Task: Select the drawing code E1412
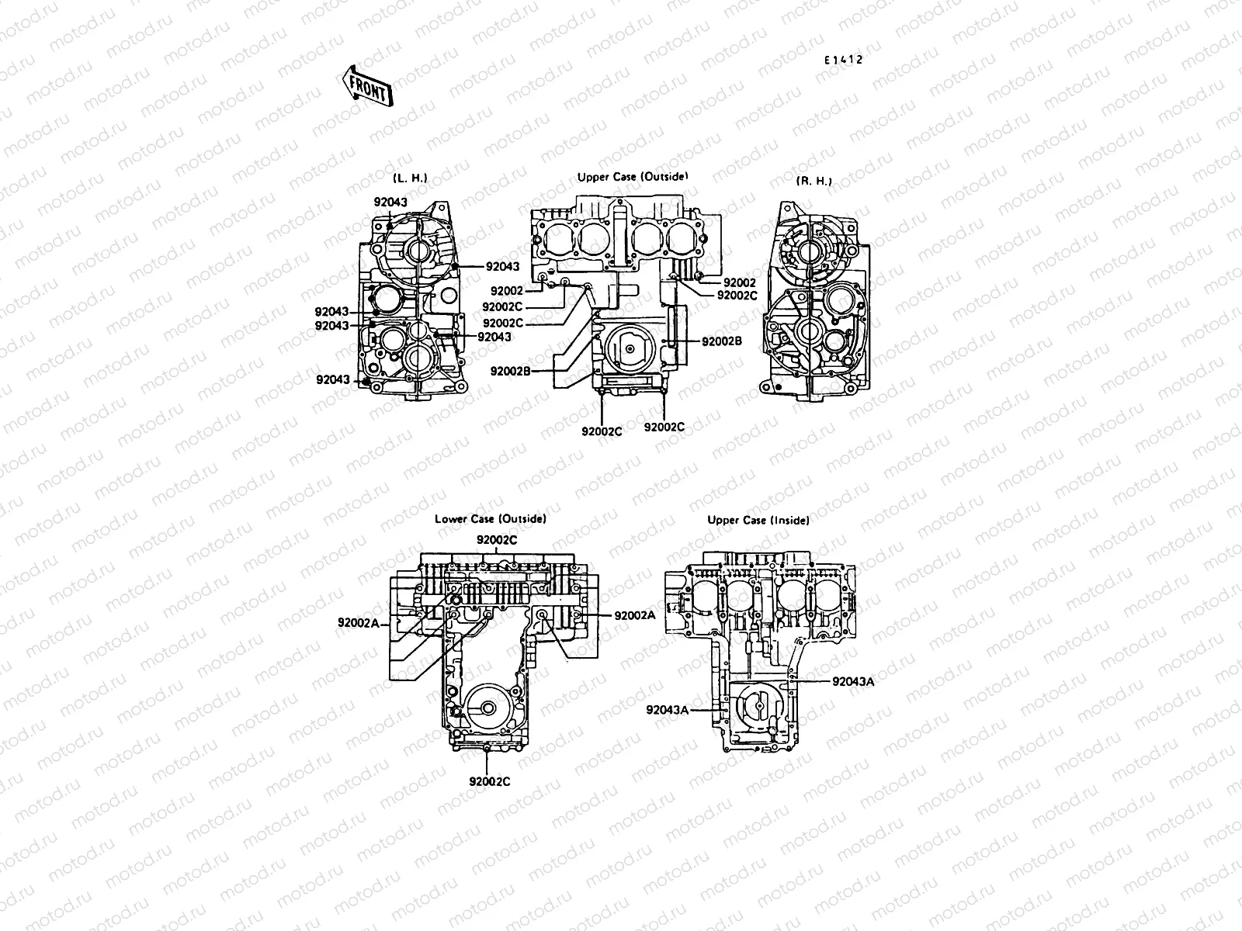(x=844, y=60)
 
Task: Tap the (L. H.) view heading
(x=410, y=178)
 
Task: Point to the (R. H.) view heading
(x=814, y=181)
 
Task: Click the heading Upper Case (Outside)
(x=633, y=177)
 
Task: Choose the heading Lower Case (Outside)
(x=490, y=519)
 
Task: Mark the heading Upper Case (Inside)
(x=758, y=521)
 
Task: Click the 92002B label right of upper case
(x=722, y=341)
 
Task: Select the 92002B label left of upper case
(x=510, y=371)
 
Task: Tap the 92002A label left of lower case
(x=358, y=622)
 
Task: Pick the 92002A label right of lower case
(x=634, y=615)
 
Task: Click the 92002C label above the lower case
(x=497, y=539)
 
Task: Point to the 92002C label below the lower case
(x=490, y=781)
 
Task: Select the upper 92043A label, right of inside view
(x=853, y=681)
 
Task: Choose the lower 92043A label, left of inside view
(x=668, y=709)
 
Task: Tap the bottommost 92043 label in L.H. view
(x=333, y=379)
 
